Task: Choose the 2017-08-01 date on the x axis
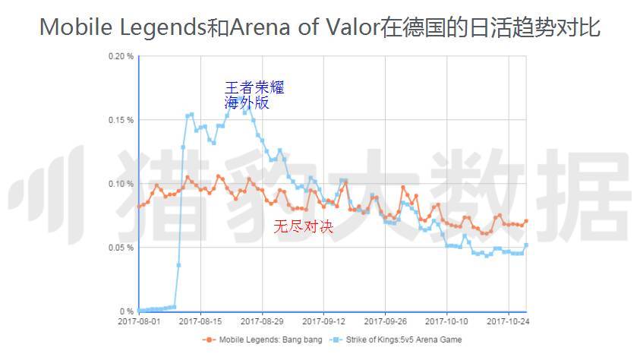(139, 322)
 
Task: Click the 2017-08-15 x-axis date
(200, 322)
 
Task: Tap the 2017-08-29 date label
(262, 322)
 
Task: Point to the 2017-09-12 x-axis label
(323, 322)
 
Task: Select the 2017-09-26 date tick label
(385, 322)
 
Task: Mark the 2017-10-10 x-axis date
(446, 322)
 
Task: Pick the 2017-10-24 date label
(508, 322)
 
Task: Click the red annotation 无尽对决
(304, 226)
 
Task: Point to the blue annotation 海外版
(246, 103)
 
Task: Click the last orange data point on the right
(526, 221)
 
